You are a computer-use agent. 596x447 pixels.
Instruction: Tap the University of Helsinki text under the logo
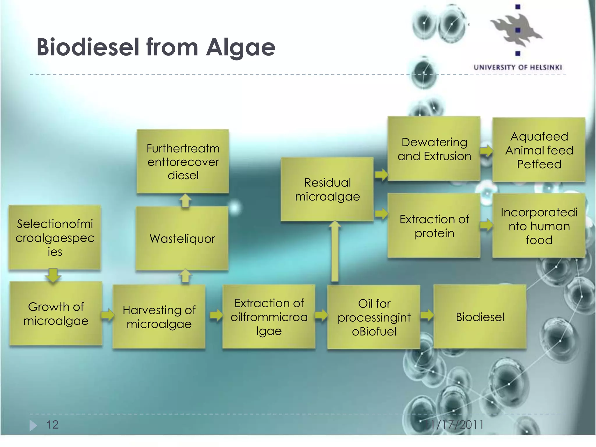click(517, 68)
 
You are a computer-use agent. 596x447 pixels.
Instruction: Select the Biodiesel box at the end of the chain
click(480, 317)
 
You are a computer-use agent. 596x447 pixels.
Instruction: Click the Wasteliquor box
click(182, 239)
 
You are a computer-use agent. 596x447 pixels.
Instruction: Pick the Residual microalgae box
click(327, 189)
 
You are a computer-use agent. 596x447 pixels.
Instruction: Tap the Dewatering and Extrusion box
click(434, 149)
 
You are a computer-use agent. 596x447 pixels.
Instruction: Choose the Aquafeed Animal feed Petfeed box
click(539, 150)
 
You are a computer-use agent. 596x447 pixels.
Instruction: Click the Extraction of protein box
click(434, 226)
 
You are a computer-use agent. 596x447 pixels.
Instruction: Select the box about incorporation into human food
click(539, 226)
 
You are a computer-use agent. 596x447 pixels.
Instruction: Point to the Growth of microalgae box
click(56, 314)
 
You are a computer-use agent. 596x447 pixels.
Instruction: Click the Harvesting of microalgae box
click(159, 317)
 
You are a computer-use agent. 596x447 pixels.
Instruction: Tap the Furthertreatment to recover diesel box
click(183, 162)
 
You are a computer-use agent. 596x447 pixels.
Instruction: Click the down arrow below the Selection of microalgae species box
click(53, 275)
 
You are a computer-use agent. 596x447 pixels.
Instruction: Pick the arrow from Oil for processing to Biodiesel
click(427, 315)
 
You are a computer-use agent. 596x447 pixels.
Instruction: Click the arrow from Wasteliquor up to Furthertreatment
click(185, 201)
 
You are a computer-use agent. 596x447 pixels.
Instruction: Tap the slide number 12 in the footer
click(53, 425)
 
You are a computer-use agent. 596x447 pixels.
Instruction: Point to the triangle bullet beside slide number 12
click(33, 425)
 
